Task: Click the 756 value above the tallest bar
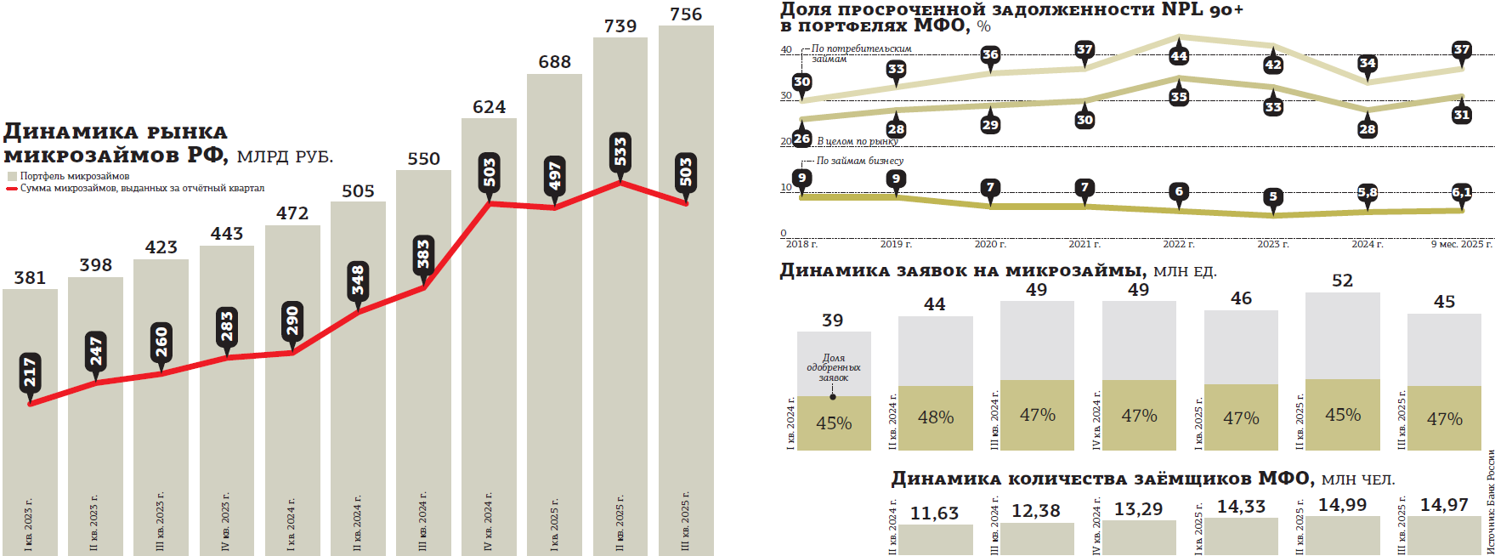click(686, 14)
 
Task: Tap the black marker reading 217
click(30, 372)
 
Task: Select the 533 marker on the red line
click(620, 151)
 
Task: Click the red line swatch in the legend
click(12, 189)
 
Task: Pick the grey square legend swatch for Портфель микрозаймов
click(12, 177)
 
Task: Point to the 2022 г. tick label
click(1178, 244)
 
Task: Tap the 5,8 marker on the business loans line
click(1367, 193)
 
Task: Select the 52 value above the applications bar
click(1342, 281)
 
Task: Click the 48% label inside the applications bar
click(935, 417)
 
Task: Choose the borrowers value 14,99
click(1342, 505)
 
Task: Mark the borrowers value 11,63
click(934, 513)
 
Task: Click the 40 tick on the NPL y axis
click(786, 50)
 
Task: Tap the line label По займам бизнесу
click(859, 161)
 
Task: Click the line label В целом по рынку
click(857, 141)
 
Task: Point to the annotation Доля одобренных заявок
click(833, 367)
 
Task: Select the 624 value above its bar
click(489, 107)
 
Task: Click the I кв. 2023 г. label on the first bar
click(29, 525)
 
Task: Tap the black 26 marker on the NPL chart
click(801, 139)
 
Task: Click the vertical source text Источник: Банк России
click(1490, 502)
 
